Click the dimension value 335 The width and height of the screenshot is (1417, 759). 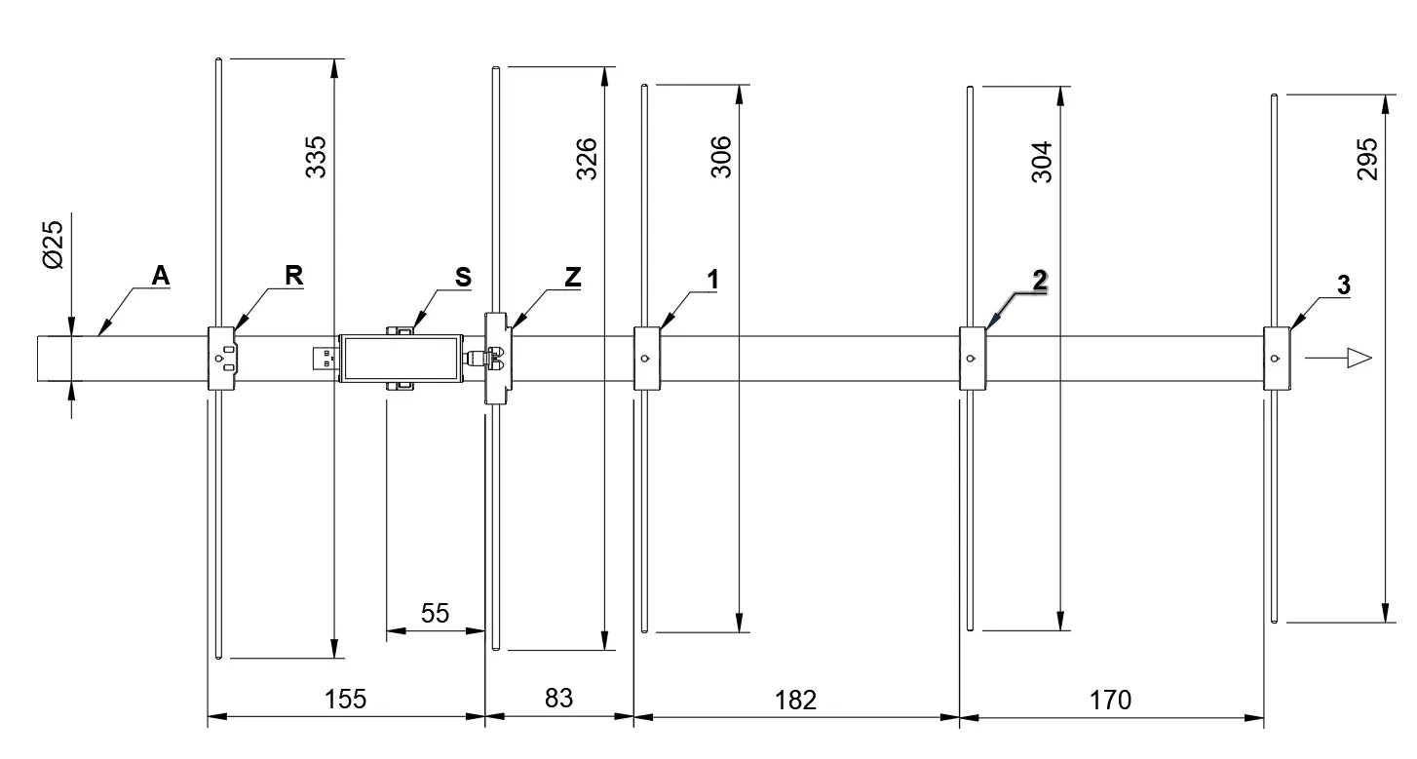tap(316, 157)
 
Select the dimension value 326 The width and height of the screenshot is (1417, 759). tap(587, 159)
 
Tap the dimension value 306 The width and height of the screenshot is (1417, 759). tap(721, 157)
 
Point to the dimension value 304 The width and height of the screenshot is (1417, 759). tap(1042, 162)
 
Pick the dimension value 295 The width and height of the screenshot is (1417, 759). tap(1367, 159)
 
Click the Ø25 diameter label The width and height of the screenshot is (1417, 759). tap(54, 245)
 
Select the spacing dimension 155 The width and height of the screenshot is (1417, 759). tap(345, 699)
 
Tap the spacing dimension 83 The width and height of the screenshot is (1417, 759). tap(558, 698)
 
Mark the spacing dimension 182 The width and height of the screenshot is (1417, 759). tap(796, 701)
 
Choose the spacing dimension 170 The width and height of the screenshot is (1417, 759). tap(1110, 701)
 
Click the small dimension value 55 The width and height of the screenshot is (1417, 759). tap(436, 613)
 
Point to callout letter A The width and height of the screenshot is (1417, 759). tap(161, 275)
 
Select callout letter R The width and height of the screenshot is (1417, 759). tap(294, 275)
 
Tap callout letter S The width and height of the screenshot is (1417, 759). tap(463, 277)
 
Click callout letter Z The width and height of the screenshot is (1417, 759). tap(572, 277)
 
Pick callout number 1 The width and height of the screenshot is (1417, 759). tap(713, 279)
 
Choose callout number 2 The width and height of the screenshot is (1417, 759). tap(1040, 281)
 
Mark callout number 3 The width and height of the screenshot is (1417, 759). tap(1344, 285)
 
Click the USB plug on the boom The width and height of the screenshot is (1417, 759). tap(326, 359)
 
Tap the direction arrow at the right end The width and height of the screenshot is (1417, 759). tap(1339, 358)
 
